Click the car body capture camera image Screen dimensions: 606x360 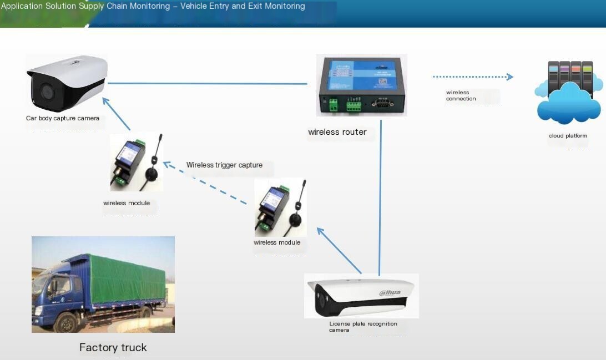pyautogui.click(x=67, y=83)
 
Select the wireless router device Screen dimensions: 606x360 pyautogui.click(x=361, y=85)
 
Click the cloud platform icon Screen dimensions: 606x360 pyautogui.click(x=568, y=93)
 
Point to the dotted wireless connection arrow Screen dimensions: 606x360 pyautogui.click(x=473, y=77)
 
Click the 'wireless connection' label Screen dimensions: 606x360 pyautogui.click(x=461, y=95)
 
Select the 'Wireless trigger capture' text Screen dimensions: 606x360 pyautogui.click(x=224, y=165)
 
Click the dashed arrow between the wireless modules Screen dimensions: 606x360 pyautogui.click(x=205, y=182)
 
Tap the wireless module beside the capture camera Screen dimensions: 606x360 pyautogui.click(x=137, y=162)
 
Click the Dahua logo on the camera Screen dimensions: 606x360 pyautogui.click(x=390, y=292)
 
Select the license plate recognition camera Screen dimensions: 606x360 pyautogui.click(x=361, y=296)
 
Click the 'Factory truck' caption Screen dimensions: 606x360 pyautogui.click(x=113, y=348)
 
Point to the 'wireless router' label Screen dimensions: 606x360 pyautogui.click(x=337, y=132)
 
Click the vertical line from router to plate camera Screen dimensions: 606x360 pyautogui.click(x=380, y=198)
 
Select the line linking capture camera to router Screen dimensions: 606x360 pyautogui.click(x=208, y=83)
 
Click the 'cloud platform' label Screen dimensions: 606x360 pyautogui.click(x=568, y=135)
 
